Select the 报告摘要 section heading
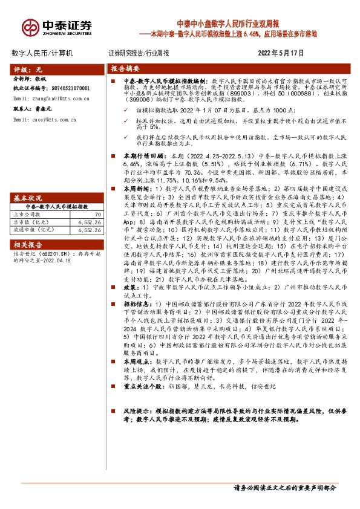click(125, 69)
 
